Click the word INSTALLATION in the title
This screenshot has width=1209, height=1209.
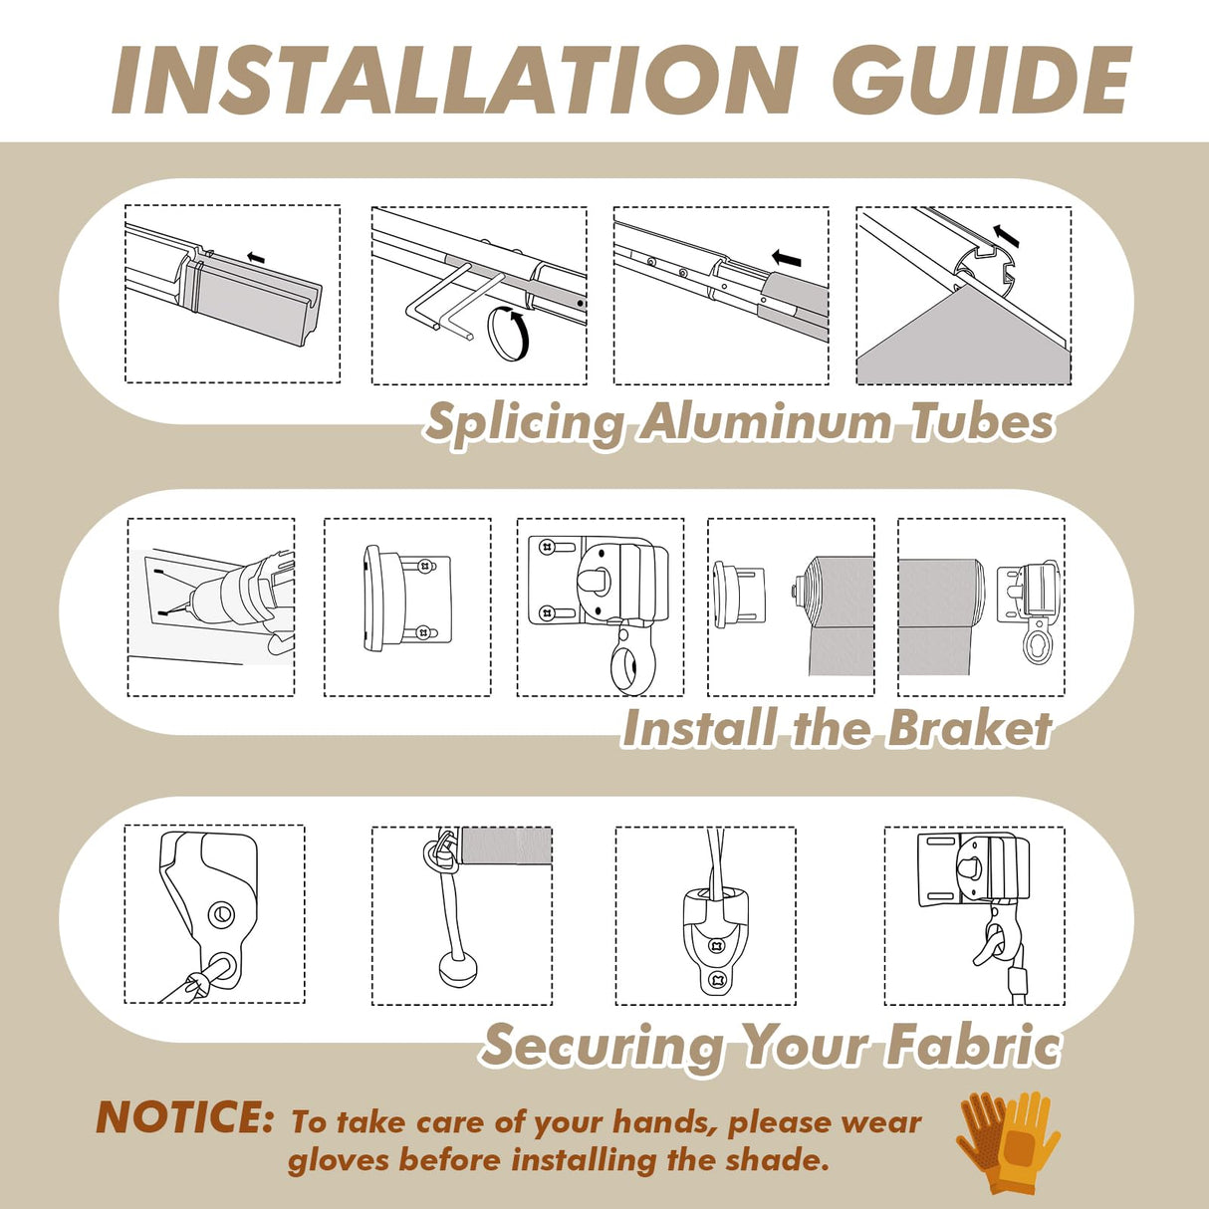453,82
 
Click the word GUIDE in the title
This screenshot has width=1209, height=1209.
980,82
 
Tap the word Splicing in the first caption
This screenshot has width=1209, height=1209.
525,423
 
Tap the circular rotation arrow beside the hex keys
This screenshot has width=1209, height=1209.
509,332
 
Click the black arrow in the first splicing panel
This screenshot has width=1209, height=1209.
255,257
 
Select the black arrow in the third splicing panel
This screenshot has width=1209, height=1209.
786,257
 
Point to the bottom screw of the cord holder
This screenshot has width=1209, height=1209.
716,979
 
